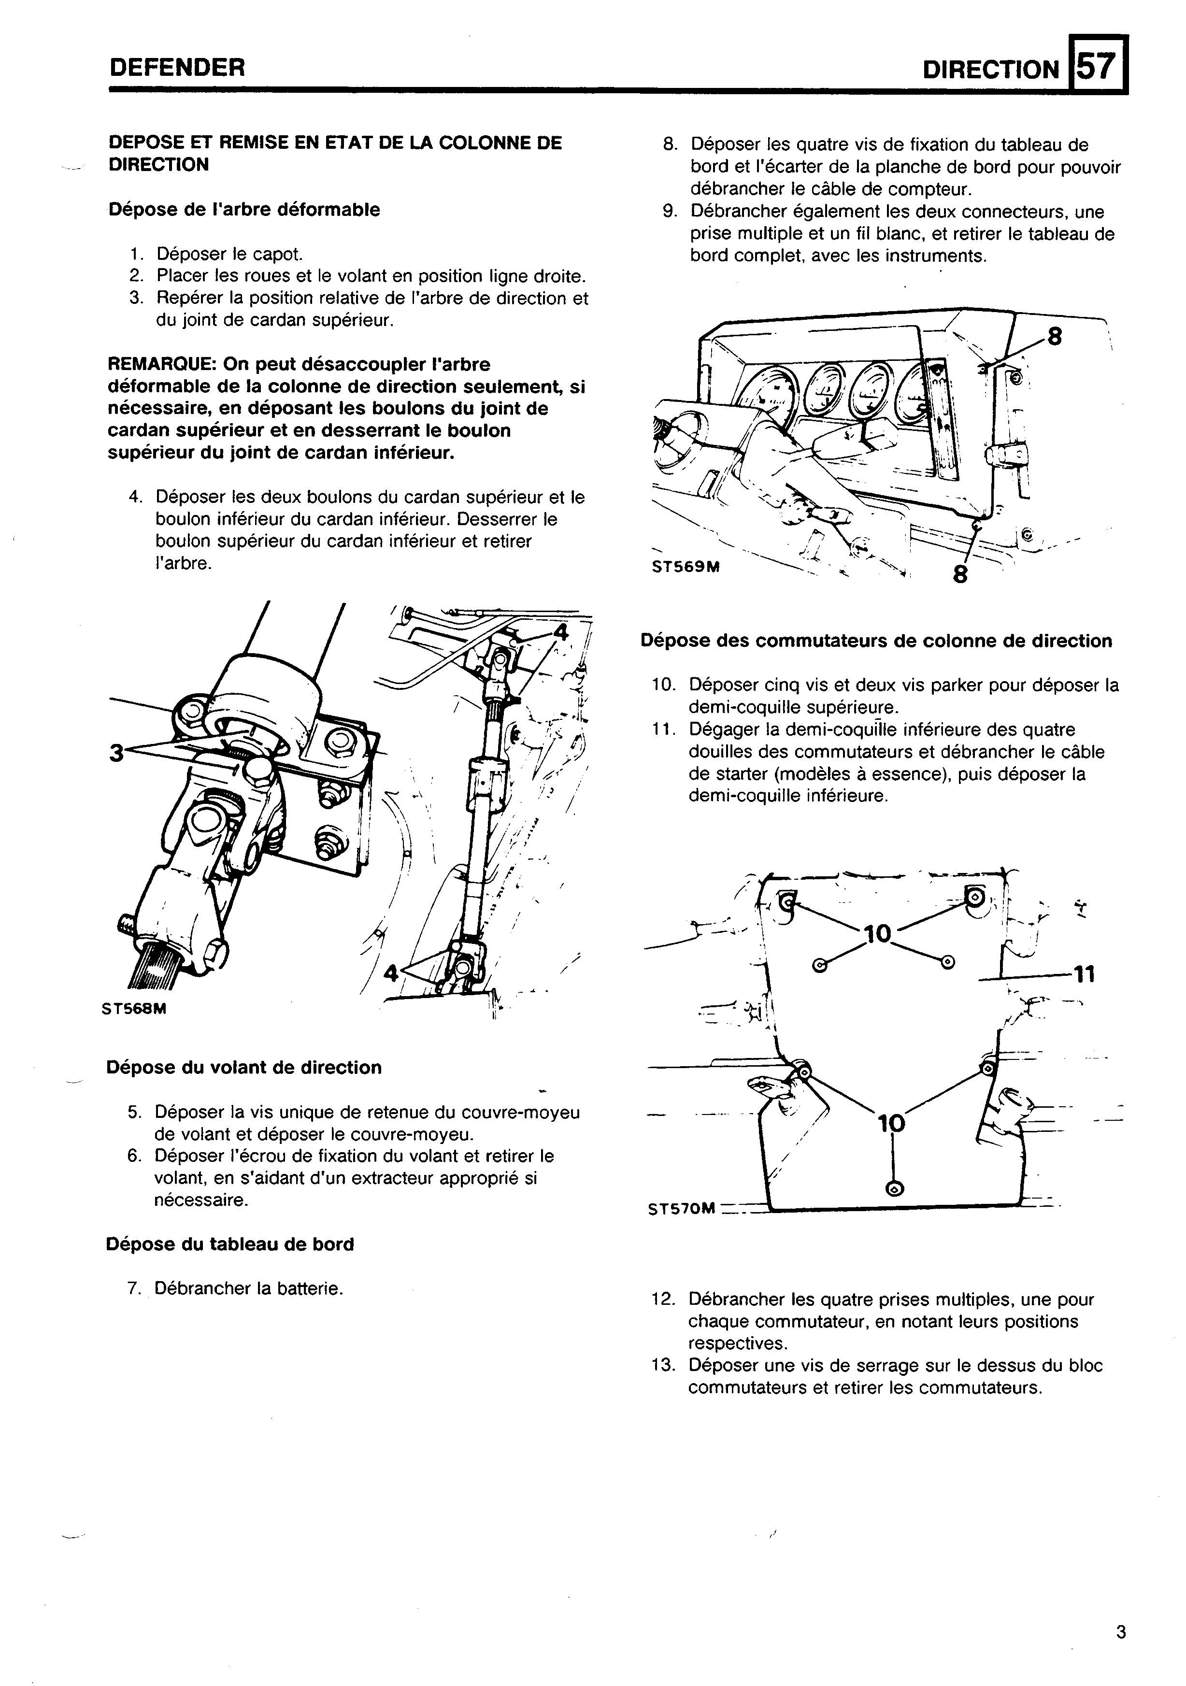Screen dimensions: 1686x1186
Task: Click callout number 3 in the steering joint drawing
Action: (x=115, y=753)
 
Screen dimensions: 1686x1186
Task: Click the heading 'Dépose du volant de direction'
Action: (x=244, y=1068)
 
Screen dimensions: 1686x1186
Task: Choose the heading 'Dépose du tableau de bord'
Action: (x=230, y=1244)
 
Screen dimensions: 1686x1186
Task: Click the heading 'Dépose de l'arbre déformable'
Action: (x=244, y=210)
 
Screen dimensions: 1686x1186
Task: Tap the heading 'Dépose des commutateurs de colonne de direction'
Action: (x=876, y=641)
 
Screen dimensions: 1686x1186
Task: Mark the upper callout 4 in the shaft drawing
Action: (x=560, y=631)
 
